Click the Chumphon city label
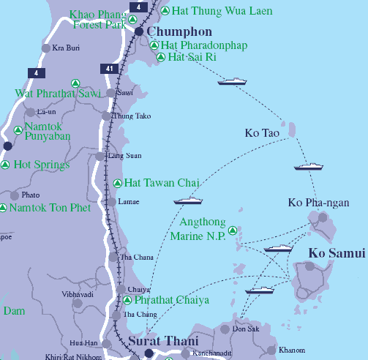click(179, 32)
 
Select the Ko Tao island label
click(262, 132)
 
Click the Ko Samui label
click(337, 253)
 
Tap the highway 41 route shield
click(108, 68)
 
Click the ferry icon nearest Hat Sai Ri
click(232, 81)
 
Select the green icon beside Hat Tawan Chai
click(118, 182)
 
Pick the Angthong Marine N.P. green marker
click(233, 230)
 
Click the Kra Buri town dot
click(46, 48)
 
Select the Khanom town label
click(291, 350)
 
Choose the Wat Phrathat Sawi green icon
click(75, 83)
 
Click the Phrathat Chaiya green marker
click(127, 300)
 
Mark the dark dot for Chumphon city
click(139, 31)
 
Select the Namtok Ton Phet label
click(50, 208)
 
